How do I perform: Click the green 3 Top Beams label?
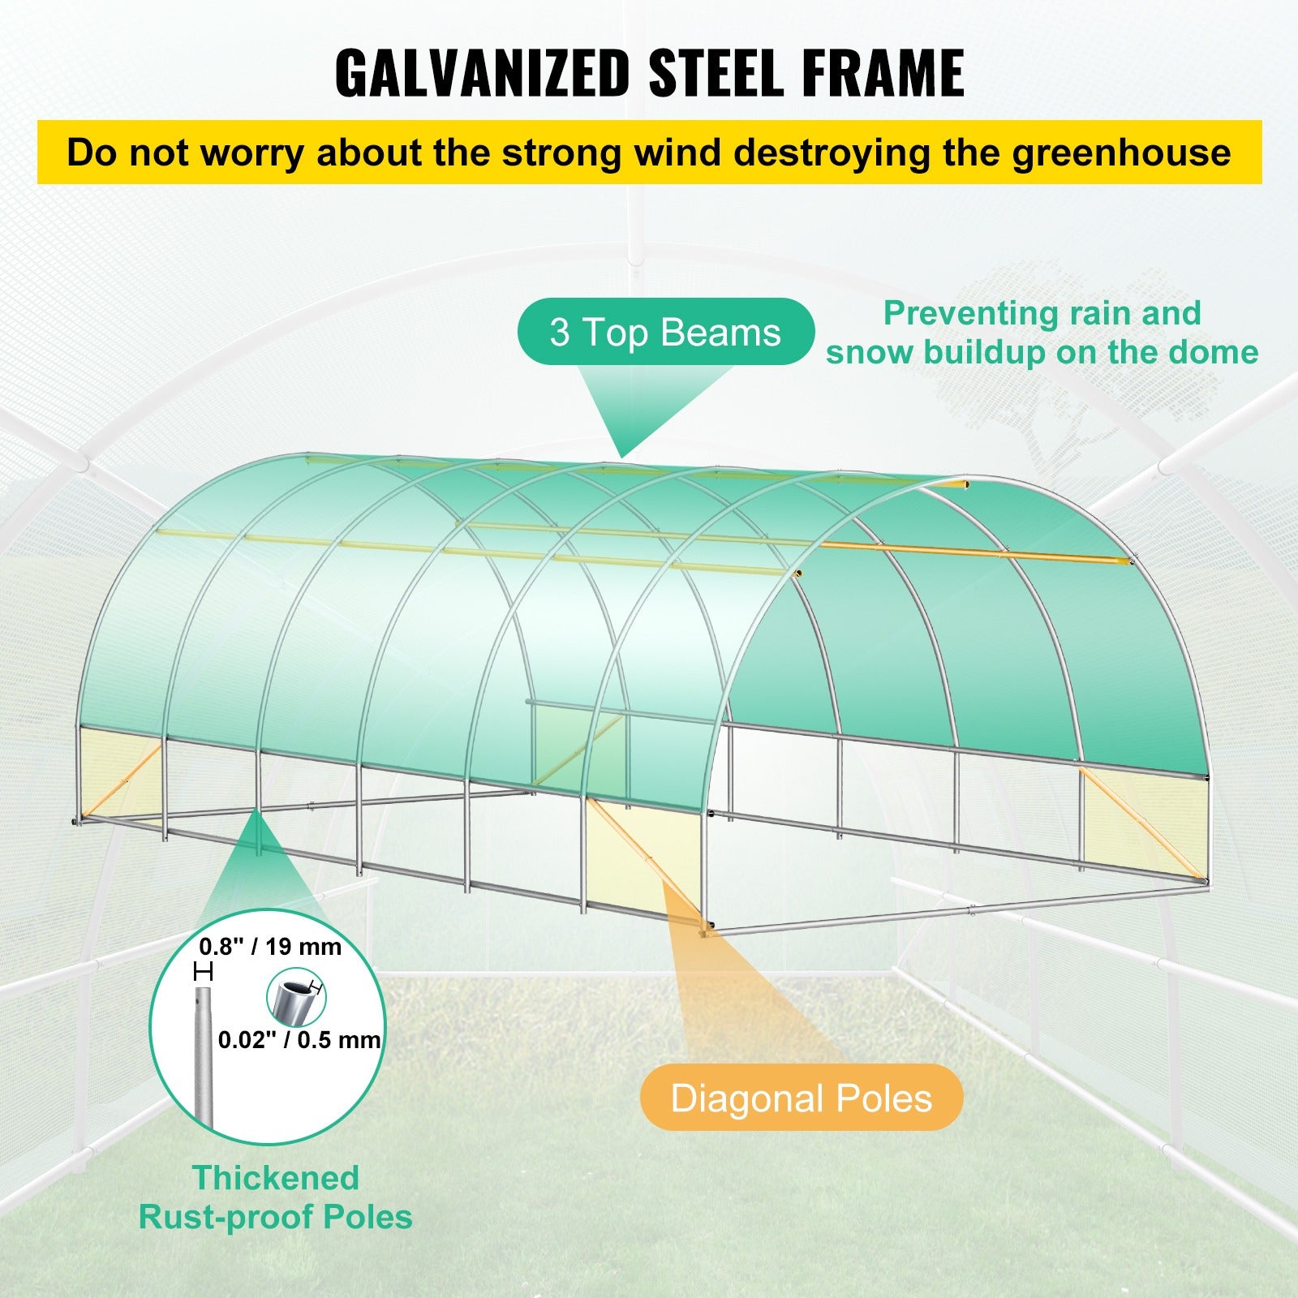coord(665,332)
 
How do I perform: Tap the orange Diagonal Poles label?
coord(802,1098)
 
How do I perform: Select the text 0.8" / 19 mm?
coord(270,947)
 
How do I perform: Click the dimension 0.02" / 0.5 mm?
coord(299,1039)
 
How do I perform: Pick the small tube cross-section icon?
coord(296,999)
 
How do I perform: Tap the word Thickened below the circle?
coord(276,1178)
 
